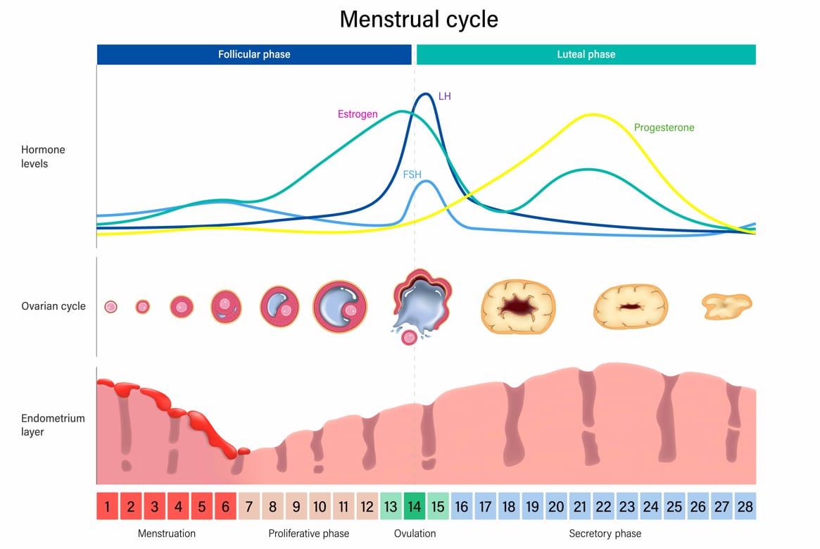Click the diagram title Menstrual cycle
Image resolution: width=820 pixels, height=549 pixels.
(x=419, y=19)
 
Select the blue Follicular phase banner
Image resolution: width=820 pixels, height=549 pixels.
(x=253, y=54)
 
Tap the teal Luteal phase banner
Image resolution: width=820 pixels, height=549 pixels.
(x=586, y=54)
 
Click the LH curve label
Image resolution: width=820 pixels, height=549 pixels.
(x=444, y=96)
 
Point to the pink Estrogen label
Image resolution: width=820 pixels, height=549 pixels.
(x=358, y=114)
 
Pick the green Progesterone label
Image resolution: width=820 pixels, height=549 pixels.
(x=664, y=128)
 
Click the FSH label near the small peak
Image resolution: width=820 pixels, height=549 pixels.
(x=412, y=174)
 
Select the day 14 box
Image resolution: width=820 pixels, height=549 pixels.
(x=415, y=507)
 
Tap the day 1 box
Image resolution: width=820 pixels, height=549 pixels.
(x=107, y=507)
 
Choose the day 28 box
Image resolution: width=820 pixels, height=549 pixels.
(x=745, y=507)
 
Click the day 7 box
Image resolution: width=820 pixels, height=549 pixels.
(x=249, y=507)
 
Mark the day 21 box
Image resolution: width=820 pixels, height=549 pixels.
(x=580, y=507)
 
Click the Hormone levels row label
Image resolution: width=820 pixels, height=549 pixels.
(x=43, y=157)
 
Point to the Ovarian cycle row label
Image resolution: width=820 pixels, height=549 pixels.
(x=53, y=306)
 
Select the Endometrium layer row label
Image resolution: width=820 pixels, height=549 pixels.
(x=53, y=425)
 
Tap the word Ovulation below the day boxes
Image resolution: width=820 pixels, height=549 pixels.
(x=415, y=534)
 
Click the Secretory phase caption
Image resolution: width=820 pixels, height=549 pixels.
(x=605, y=534)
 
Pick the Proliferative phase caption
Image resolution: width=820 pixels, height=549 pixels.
(x=308, y=534)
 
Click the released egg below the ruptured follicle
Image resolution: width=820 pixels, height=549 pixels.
(x=408, y=338)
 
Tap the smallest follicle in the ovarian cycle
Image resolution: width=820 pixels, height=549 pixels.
(x=111, y=307)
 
